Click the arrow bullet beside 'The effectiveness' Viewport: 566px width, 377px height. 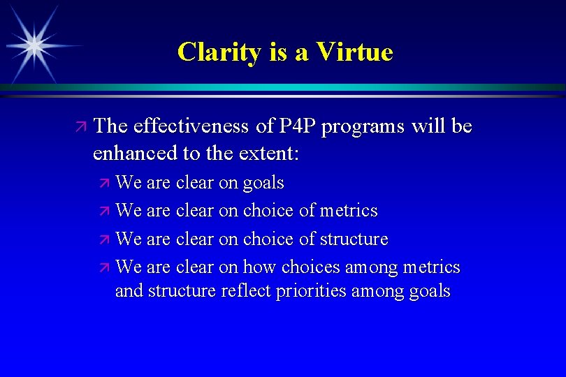pyautogui.click(x=81, y=127)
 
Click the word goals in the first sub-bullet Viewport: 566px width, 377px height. pyautogui.click(x=263, y=184)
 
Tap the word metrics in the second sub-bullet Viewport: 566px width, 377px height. pyautogui.click(x=349, y=210)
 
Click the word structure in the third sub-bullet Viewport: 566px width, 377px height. pyautogui.click(x=354, y=239)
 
